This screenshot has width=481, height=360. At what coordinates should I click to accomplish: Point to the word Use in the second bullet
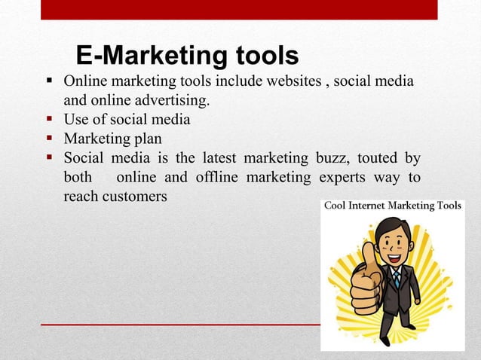77,119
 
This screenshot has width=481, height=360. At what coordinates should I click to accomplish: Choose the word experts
344,178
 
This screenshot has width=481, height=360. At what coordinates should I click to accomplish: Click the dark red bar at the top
240,10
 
